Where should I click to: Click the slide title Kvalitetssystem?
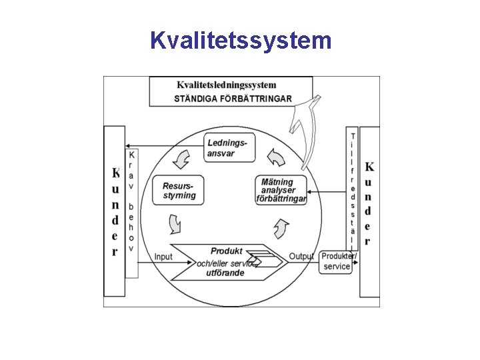point(240,41)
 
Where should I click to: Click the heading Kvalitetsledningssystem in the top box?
point(227,85)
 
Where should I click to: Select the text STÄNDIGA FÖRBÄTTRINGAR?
point(233,99)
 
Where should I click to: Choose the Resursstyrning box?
point(179,191)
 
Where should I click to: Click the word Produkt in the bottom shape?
point(226,251)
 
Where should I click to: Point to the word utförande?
point(225,273)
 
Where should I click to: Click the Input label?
point(163,257)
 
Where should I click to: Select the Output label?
point(301,257)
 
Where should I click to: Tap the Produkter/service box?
point(337,261)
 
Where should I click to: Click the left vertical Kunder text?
point(115,212)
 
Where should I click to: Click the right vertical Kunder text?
point(369,203)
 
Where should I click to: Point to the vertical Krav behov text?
point(131,200)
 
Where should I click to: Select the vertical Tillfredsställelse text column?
point(352,190)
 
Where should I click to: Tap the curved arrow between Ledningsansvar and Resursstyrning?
point(181,159)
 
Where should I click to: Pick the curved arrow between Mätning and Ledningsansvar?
point(275,157)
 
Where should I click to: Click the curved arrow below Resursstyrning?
point(175,224)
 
